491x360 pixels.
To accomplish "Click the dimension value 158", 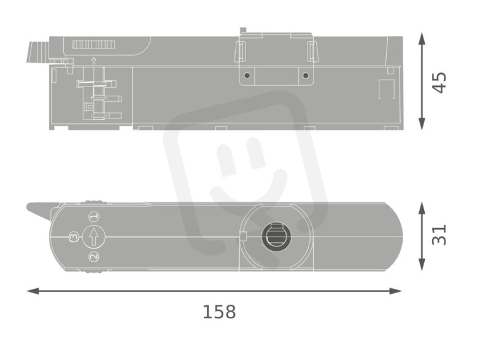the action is (219, 312).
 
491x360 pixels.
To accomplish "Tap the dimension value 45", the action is (439, 83).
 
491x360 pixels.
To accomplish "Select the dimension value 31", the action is (439, 235).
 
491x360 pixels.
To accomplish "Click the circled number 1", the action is (94, 216).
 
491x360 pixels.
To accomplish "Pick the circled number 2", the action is (94, 257).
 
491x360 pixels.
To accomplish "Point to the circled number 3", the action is (74, 237).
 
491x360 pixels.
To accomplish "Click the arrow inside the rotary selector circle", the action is (94, 237).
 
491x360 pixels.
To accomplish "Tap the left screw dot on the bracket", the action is (247, 75).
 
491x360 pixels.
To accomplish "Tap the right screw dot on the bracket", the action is (306, 75).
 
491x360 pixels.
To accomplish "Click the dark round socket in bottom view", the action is (276, 237).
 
